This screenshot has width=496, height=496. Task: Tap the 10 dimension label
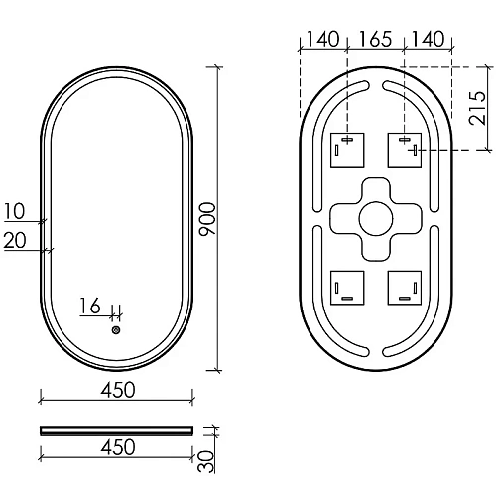tap(14, 211)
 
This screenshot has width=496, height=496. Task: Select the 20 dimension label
tap(14, 239)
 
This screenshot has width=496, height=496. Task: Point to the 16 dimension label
tap(90, 308)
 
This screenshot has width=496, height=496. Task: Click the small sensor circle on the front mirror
tap(116, 330)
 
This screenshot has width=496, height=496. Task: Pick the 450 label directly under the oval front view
tap(117, 390)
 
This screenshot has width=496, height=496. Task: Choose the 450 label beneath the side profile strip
tap(117, 448)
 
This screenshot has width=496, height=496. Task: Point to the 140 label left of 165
tap(323, 40)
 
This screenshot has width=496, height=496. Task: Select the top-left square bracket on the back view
tap(345, 150)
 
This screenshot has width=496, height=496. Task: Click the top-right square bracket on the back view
tap(404, 150)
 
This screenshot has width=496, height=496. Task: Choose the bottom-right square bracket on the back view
tap(404, 288)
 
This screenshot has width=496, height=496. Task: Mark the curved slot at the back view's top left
tap(331, 99)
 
